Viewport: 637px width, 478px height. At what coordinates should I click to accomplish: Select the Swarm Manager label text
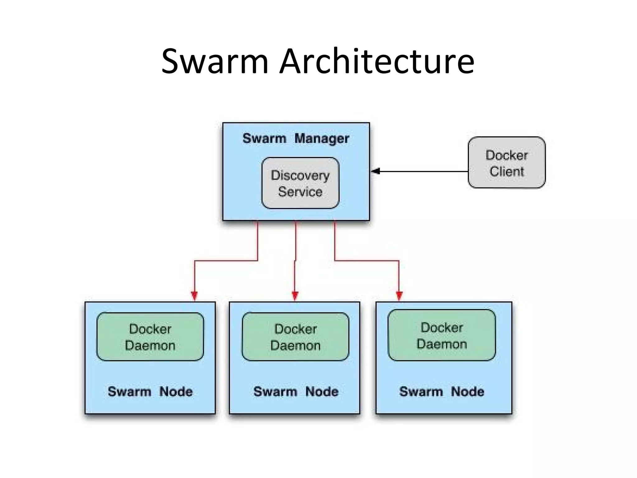tap(295, 138)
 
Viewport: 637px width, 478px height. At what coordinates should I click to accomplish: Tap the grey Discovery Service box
tap(300, 183)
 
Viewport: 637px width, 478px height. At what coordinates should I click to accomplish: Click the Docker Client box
tap(506, 162)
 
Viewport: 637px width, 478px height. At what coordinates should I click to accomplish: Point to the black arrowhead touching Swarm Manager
tap(376, 171)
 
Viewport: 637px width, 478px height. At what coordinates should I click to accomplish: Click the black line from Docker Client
tap(423, 171)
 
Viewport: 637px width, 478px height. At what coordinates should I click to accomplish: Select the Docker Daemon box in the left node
tap(150, 337)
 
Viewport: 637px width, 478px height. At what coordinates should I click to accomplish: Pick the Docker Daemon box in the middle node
tap(295, 337)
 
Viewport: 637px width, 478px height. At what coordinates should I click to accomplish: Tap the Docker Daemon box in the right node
tap(442, 335)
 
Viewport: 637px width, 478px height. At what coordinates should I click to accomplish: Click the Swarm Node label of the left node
tap(150, 391)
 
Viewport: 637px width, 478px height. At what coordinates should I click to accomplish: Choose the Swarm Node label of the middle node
tap(295, 391)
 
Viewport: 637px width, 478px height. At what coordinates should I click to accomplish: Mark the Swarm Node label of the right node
tap(442, 391)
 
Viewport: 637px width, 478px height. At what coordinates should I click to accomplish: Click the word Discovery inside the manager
tap(300, 176)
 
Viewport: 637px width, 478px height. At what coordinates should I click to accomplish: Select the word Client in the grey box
tap(507, 171)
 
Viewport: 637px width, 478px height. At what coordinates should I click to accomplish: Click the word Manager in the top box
tap(322, 138)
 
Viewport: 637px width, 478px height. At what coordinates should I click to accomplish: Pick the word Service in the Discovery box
tap(300, 192)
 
